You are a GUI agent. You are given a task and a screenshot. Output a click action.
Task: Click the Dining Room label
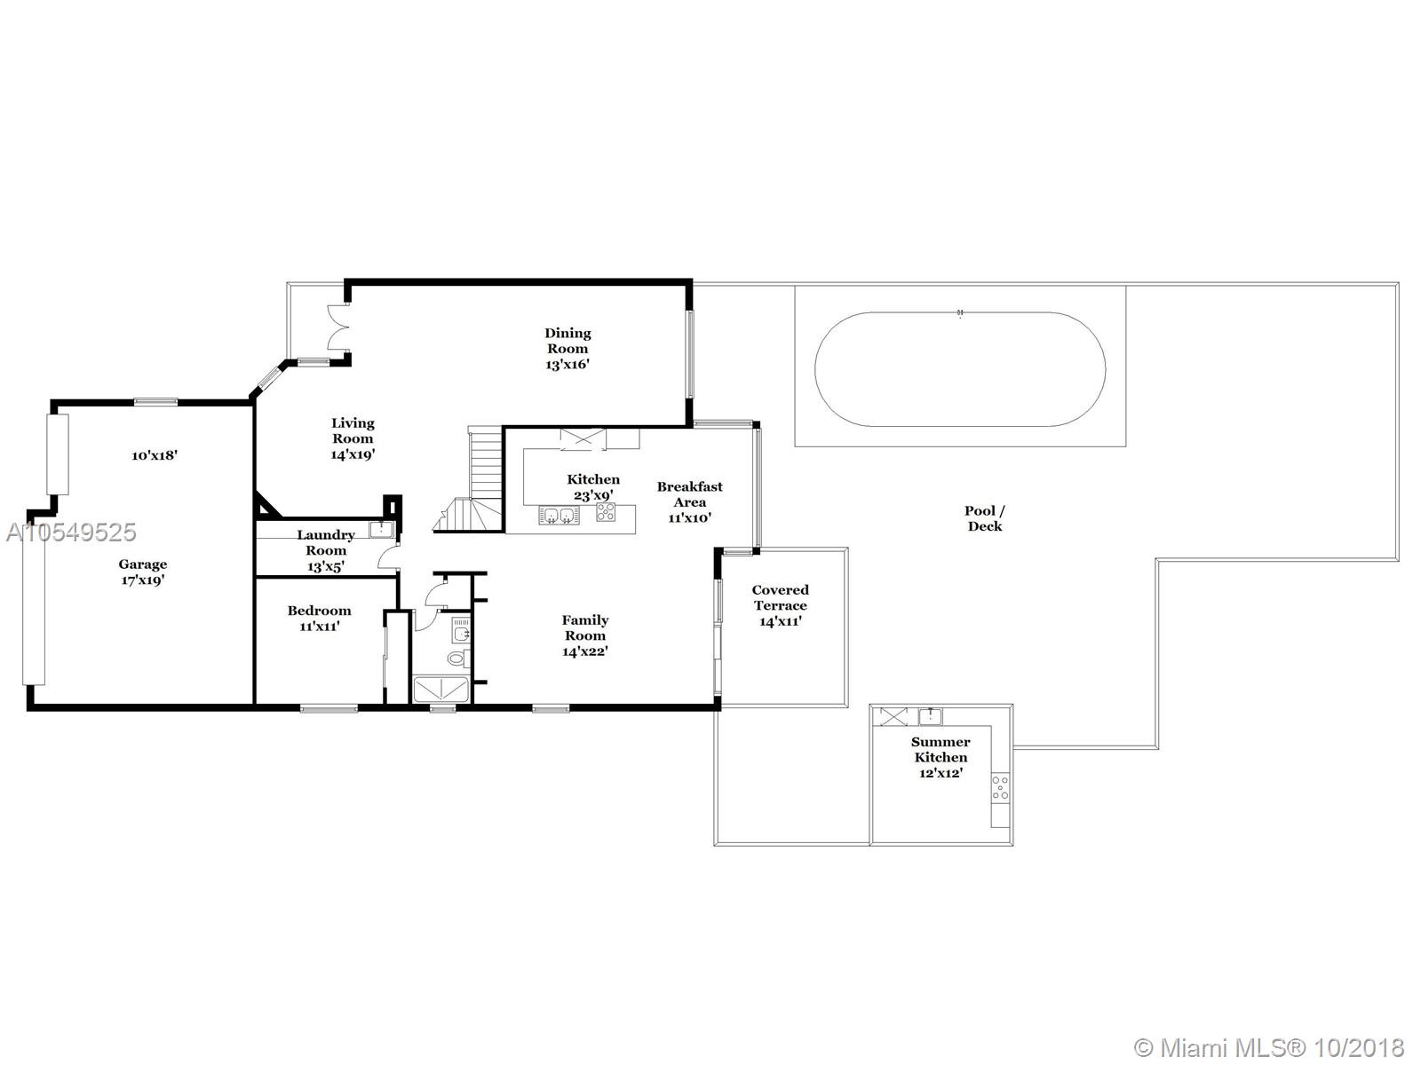568,341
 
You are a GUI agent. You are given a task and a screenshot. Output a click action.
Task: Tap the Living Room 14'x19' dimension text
353,454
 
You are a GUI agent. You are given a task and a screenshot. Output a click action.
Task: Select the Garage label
142,564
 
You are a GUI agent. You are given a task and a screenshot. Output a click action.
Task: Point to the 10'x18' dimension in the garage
154,455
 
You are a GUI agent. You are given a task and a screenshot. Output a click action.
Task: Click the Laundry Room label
326,542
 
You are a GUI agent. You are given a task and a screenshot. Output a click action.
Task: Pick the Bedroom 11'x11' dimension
319,627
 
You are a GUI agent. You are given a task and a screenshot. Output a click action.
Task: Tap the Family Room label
585,627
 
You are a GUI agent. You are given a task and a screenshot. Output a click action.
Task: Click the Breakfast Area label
689,494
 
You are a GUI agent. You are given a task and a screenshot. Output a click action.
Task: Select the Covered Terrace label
780,597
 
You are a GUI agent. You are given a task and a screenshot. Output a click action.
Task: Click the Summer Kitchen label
941,749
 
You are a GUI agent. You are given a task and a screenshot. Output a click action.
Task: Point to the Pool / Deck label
985,518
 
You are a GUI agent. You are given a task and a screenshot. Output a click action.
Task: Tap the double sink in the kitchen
559,516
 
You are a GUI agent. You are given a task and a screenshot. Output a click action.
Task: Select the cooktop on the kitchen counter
606,512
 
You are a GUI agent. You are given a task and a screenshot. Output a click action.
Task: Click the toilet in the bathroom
458,659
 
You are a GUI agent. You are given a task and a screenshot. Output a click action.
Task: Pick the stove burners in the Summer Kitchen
1000,788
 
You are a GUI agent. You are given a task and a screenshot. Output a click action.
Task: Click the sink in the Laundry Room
381,529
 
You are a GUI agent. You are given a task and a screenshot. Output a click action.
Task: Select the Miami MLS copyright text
1269,1047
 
